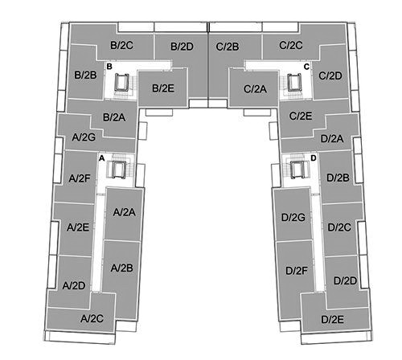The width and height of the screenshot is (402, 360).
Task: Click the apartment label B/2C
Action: [121, 45]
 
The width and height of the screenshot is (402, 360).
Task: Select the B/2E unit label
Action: [163, 88]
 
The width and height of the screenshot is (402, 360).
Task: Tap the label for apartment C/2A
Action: [255, 89]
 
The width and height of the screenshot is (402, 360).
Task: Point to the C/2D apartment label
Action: [330, 76]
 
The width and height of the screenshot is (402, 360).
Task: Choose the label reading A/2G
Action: [84, 137]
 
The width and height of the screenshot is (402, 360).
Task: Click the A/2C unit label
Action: [92, 318]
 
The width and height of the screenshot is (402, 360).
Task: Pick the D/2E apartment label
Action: [332, 319]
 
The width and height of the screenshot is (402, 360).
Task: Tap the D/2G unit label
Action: [293, 217]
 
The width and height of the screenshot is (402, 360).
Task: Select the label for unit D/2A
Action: [332, 139]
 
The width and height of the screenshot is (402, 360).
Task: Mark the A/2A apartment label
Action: [124, 212]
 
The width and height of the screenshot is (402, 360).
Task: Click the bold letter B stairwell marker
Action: [109, 66]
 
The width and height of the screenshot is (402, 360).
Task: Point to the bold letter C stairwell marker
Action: [306, 67]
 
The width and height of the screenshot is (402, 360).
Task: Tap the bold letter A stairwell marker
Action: [101, 158]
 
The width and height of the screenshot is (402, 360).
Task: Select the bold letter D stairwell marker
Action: [314, 158]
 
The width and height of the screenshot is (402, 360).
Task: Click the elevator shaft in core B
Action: [122, 82]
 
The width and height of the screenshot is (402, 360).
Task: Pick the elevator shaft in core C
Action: [295, 83]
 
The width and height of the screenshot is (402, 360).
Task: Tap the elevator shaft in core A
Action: [119, 170]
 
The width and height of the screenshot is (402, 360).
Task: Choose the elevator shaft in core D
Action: [298, 170]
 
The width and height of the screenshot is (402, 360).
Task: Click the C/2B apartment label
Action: [228, 47]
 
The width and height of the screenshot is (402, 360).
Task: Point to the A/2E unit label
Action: [78, 227]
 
